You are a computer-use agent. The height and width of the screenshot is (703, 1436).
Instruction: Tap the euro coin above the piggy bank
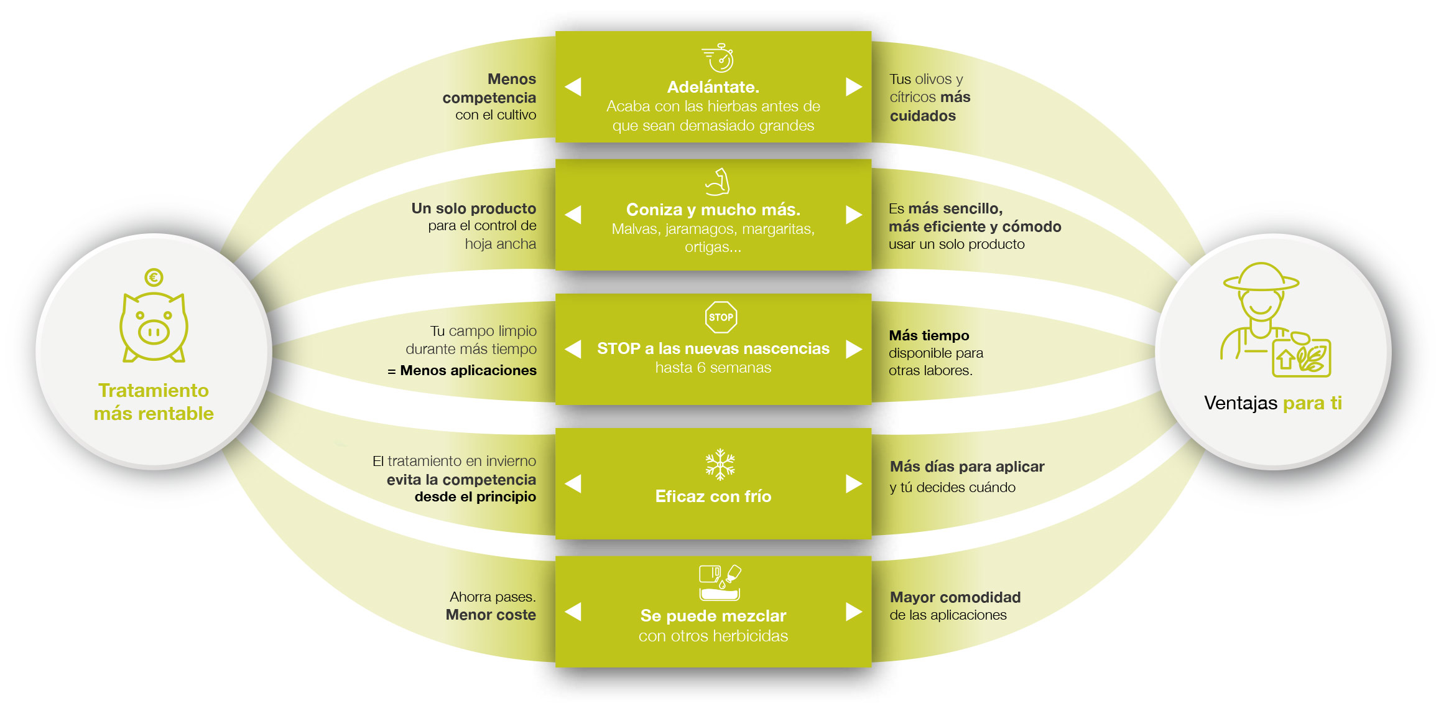[154, 277]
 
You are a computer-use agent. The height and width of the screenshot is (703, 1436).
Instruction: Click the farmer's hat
[1261, 277]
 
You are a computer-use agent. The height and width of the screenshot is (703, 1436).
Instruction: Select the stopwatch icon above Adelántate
[720, 58]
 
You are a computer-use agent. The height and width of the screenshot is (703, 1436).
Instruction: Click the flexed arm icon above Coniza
[718, 182]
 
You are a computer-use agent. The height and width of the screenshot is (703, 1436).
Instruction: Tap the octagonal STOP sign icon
[721, 317]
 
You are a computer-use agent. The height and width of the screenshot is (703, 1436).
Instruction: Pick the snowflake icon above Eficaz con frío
[720, 464]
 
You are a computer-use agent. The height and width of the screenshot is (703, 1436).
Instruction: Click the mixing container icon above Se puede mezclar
[720, 582]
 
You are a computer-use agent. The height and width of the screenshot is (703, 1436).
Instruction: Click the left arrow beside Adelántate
[573, 86]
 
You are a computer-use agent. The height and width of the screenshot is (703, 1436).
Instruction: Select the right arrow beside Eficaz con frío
[854, 483]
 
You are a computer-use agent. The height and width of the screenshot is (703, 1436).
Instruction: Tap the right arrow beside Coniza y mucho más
[854, 215]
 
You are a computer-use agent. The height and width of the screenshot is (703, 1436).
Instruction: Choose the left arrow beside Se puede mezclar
[573, 612]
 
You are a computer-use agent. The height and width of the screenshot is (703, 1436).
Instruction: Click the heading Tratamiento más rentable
[154, 402]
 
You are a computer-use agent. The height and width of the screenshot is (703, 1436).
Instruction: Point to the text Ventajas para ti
[1272, 403]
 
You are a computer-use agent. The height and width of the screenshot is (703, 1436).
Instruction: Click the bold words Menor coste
[491, 615]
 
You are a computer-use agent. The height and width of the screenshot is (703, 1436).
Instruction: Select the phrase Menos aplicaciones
[468, 370]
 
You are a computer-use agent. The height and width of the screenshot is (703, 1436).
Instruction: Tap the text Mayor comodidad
[955, 597]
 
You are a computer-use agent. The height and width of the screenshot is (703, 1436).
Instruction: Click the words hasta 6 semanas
[713, 368]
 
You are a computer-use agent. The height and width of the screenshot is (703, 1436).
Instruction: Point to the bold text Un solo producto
[473, 208]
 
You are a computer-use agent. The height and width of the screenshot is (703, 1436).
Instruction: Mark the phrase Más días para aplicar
[967, 467]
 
